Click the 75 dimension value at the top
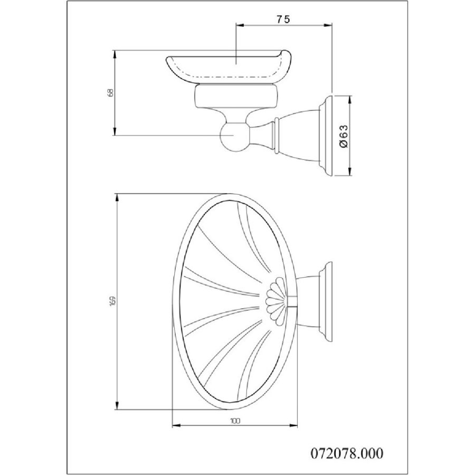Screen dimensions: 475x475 [283, 19]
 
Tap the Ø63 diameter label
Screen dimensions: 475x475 [344, 136]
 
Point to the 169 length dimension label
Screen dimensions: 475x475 [113, 301]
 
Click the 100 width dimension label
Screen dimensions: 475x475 [235, 421]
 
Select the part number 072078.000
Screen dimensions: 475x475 [347, 453]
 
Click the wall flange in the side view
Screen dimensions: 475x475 [326, 136]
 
